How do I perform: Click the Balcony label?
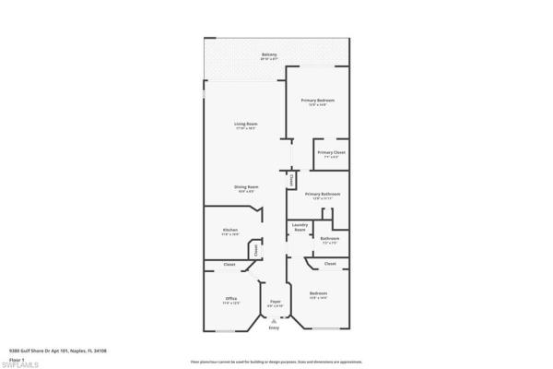269,55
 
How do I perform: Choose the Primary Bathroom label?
329,194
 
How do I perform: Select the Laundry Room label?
300,226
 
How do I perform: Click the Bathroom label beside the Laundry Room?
330,239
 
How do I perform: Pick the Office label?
231,299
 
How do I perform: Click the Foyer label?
275,302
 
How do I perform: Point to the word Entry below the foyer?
274,328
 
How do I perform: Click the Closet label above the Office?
229,265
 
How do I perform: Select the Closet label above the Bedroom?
330,264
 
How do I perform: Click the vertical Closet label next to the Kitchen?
256,249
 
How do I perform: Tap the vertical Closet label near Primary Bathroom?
293,181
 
